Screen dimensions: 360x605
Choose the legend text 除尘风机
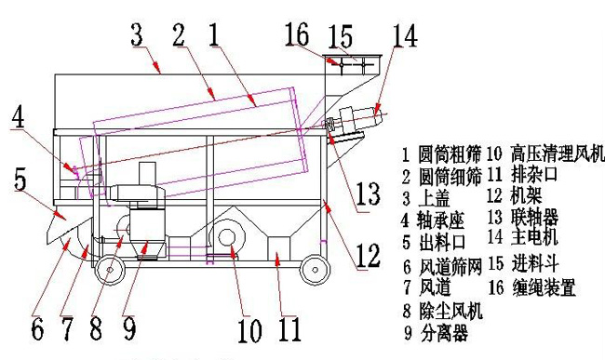point(443,309)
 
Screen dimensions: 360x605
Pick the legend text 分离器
point(436,331)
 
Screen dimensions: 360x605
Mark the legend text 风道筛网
point(443,264)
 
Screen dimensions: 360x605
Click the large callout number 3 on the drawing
point(136,37)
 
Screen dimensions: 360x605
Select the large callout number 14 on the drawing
point(404,36)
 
